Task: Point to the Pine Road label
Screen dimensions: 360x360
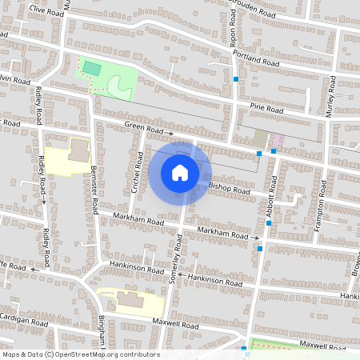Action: [x=266, y=107]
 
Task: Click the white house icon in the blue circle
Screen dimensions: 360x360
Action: [x=180, y=172]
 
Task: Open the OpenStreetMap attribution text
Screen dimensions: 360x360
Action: [x=81, y=354]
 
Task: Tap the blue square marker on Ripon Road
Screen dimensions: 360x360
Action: [x=235, y=79]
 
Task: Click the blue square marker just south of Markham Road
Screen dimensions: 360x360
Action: [x=260, y=248]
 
